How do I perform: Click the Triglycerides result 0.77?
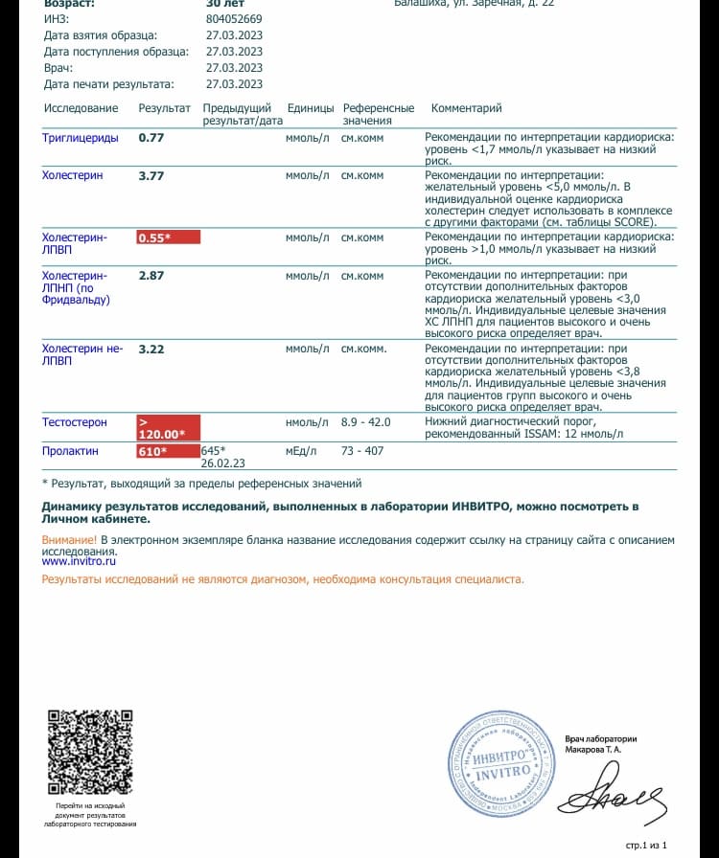(x=151, y=138)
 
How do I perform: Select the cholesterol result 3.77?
(x=151, y=176)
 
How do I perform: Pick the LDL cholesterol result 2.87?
(x=151, y=276)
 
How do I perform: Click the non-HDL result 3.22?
(x=151, y=350)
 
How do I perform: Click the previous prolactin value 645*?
(x=213, y=450)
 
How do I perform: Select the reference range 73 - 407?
(x=362, y=450)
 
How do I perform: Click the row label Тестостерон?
(x=75, y=422)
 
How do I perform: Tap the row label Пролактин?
(x=70, y=450)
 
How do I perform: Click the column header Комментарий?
(x=466, y=108)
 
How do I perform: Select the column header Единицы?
(x=310, y=108)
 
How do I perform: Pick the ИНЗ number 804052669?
(x=234, y=18)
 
